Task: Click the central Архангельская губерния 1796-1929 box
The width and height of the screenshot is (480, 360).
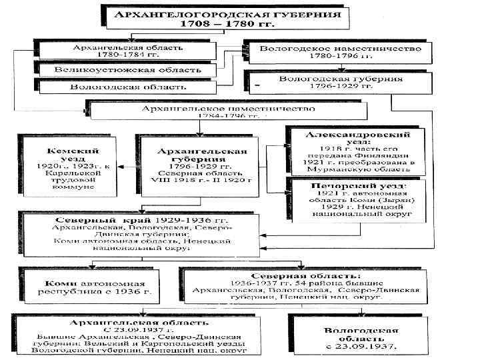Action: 200,165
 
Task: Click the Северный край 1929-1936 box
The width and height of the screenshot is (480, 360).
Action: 139,233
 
